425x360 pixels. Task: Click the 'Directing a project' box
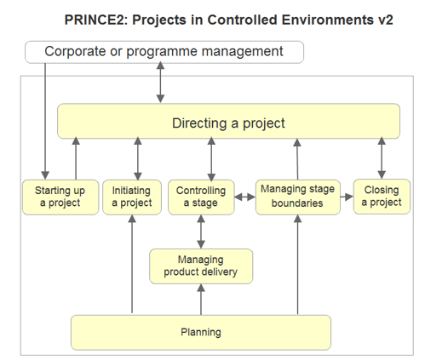point(228,121)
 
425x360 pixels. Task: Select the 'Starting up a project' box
point(60,197)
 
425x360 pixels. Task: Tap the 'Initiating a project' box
point(132,197)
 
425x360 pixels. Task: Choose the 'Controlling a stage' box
point(201,197)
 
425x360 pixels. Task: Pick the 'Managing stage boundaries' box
point(298,197)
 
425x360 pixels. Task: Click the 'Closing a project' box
point(382,197)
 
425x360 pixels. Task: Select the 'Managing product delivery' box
point(201,266)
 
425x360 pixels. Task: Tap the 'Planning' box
point(201,333)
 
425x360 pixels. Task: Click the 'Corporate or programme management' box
point(164,52)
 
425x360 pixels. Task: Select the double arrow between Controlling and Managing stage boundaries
point(245,197)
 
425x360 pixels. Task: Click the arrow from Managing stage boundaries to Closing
point(347,197)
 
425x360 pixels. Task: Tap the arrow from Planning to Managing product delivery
point(201,300)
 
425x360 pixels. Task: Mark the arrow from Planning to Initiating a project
point(132,264)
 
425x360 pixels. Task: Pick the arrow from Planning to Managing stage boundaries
point(298,265)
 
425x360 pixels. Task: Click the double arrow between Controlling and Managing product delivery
point(201,231)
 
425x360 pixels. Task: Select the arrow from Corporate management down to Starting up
point(45,122)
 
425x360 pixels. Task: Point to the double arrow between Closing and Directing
point(382,158)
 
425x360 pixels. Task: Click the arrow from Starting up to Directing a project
point(76,158)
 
